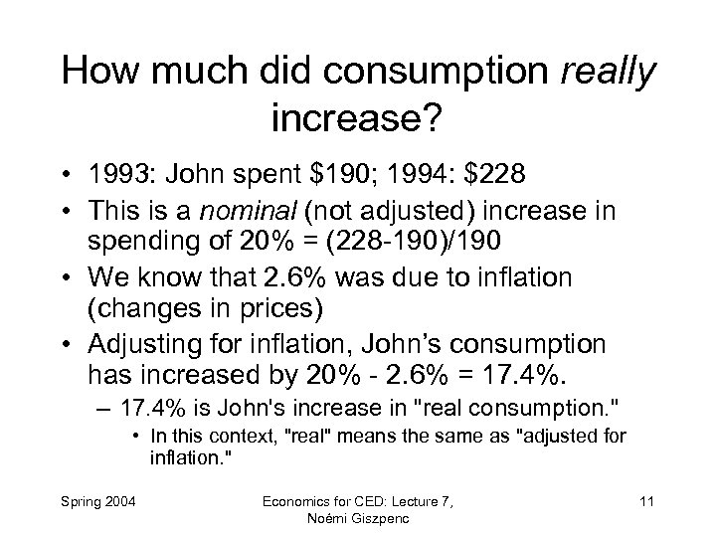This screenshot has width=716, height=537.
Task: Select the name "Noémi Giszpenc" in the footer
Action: [358, 519]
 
